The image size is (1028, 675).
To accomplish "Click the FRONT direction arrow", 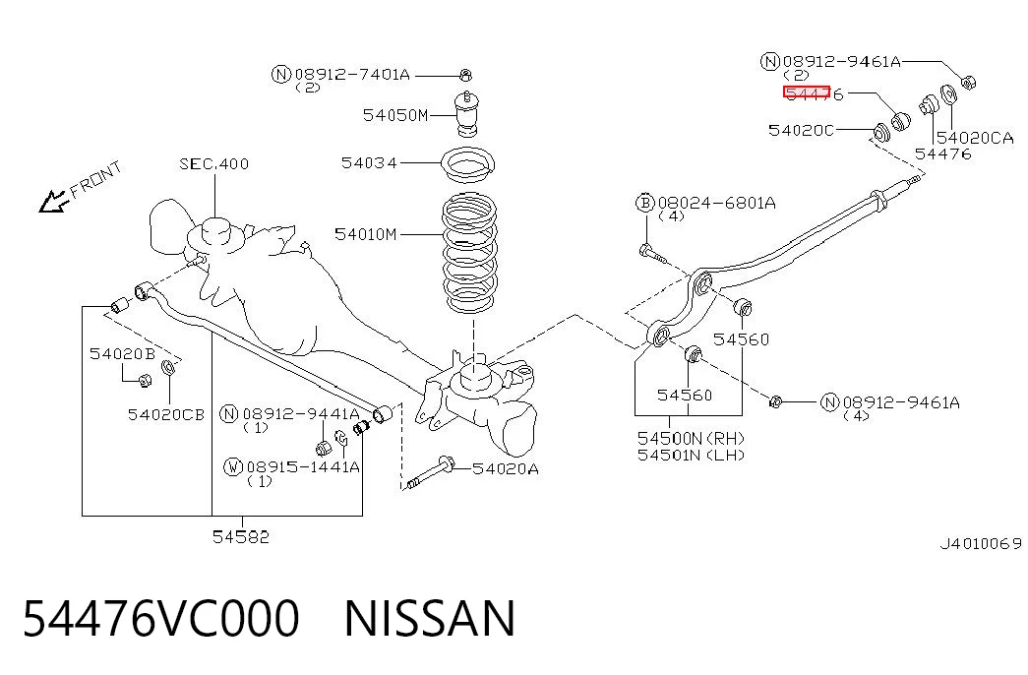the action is (54, 202).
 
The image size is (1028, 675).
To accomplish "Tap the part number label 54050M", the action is (395, 115).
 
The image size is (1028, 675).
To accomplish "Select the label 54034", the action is (369, 162).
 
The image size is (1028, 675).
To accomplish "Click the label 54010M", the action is (366, 234).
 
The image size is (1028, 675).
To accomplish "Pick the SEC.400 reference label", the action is (214, 163).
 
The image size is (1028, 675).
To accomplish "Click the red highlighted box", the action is (807, 92).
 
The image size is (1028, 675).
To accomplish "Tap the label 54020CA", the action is (975, 138).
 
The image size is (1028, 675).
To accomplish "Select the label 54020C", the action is (801, 130).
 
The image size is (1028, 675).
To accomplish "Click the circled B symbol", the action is (645, 203).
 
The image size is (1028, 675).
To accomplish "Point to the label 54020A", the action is (506, 468).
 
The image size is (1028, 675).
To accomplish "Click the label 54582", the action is (241, 536).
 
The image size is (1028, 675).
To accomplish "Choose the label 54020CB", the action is (166, 414).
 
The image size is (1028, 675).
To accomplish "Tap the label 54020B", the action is (123, 354).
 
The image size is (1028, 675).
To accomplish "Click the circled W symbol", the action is (233, 467).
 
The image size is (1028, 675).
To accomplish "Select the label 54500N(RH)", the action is (691, 438).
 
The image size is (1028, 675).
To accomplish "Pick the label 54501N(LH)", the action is (691, 455).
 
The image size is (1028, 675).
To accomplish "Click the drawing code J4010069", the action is (981, 544).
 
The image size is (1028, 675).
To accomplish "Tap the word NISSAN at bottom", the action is (430, 618).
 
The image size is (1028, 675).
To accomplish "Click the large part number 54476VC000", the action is (161, 618).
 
